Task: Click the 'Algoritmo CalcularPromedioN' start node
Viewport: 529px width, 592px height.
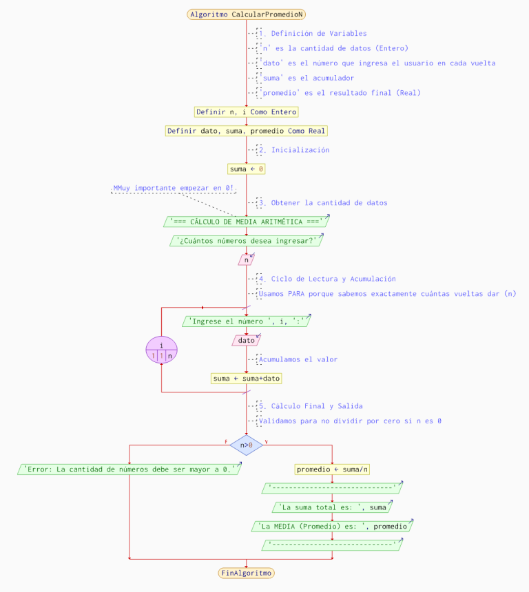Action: click(x=246, y=14)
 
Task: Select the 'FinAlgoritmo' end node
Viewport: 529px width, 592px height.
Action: click(x=246, y=573)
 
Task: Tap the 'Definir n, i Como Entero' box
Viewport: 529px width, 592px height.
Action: click(x=246, y=112)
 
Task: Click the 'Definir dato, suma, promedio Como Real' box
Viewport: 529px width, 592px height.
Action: click(x=246, y=131)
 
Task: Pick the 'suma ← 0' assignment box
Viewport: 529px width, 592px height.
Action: click(x=246, y=169)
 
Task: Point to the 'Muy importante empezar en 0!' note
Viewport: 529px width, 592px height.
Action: click(x=174, y=188)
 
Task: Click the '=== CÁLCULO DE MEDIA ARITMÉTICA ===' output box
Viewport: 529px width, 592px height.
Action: click(x=246, y=222)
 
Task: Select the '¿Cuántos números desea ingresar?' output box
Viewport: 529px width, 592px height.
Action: click(x=246, y=241)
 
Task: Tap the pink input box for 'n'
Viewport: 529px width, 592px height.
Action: click(x=246, y=260)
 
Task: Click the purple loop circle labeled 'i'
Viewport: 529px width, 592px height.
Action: click(x=161, y=350)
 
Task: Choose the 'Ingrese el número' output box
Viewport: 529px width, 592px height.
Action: click(x=246, y=321)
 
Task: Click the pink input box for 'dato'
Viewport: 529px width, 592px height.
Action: click(x=246, y=340)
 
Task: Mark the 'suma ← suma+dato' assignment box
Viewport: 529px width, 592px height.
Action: click(x=246, y=379)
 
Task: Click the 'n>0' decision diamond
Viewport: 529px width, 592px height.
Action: click(x=246, y=445)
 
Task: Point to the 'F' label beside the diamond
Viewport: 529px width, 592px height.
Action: click(x=226, y=441)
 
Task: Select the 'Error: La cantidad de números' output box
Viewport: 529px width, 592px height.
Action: click(x=129, y=469)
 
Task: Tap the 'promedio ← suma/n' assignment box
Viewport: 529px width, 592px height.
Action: click(x=332, y=469)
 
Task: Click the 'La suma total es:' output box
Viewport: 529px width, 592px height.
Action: click(x=332, y=507)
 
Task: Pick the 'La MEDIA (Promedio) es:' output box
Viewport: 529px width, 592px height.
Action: click(x=332, y=527)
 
